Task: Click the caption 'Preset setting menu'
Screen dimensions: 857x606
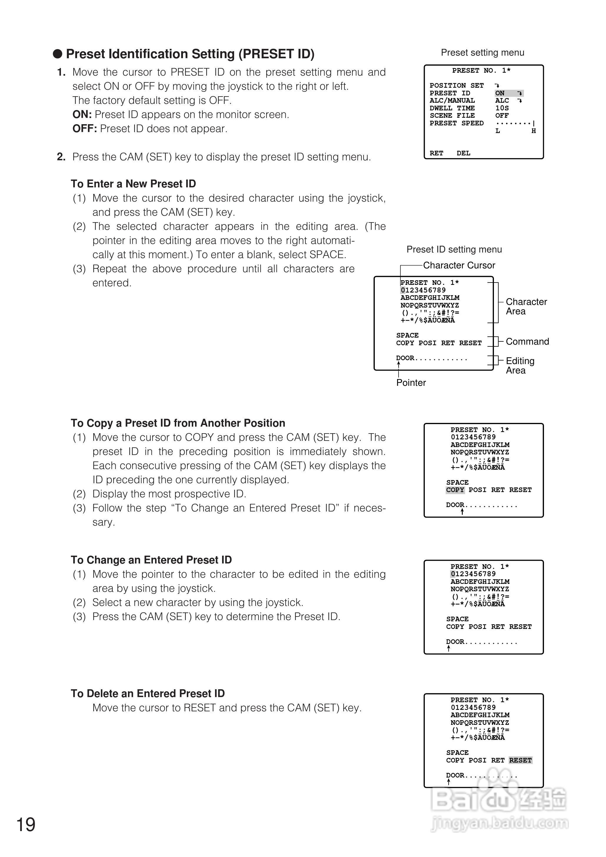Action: (482, 53)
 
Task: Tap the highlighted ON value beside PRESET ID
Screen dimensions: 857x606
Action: (500, 93)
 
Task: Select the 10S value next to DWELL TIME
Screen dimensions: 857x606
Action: (502, 108)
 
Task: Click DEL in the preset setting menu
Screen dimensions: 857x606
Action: (463, 153)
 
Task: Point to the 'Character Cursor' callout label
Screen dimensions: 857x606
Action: (459, 265)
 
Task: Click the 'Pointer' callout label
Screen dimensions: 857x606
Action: (411, 383)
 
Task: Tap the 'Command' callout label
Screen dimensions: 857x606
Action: (527, 341)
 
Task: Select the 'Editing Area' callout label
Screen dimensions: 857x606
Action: (520, 366)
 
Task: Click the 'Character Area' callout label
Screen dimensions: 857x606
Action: (526, 306)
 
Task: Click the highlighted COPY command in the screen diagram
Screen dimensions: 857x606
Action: (455, 490)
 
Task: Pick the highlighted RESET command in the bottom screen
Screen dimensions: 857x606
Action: (520, 760)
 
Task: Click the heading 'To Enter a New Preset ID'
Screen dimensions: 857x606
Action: (133, 184)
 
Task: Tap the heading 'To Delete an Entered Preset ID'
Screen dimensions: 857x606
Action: (148, 693)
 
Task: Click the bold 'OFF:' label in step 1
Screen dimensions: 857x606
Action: (85, 129)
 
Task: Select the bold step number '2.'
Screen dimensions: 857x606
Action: (61, 157)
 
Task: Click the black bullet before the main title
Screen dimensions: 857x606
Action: (57, 54)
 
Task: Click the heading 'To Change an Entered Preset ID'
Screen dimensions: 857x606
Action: (151, 560)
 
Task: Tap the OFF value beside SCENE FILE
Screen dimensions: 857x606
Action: (502, 116)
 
